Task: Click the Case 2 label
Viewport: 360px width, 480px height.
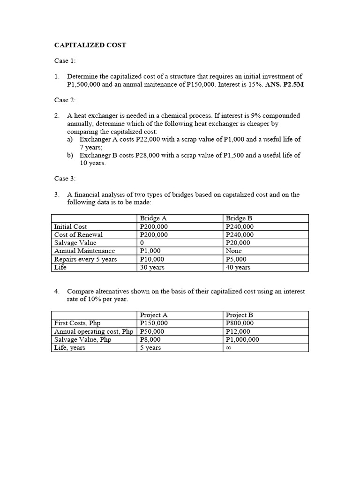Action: pyautogui.click(x=65, y=100)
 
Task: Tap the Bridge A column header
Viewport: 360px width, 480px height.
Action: pyautogui.click(x=153, y=218)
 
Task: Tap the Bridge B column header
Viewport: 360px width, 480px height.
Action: pyautogui.click(x=239, y=218)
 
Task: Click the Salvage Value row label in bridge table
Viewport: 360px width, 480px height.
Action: pyautogui.click(x=75, y=243)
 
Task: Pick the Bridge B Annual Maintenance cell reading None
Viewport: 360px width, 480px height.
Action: pyautogui.click(x=234, y=251)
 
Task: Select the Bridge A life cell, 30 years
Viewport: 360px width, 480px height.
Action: pyautogui.click(x=152, y=267)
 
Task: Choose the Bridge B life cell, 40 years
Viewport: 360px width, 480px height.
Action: pyautogui.click(x=238, y=267)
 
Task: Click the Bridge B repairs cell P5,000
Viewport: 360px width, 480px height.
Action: pyautogui.click(x=236, y=259)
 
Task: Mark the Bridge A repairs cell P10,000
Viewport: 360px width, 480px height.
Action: pyautogui.click(x=152, y=259)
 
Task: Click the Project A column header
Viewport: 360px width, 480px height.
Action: pyautogui.click(x=154, y=315)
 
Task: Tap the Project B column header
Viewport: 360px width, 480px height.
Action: pyautogui.click(x=240, y=315)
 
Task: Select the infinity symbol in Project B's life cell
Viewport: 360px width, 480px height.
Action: pyautogui.click(x=229, y=348)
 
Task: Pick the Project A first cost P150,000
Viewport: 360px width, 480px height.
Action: pyautogui.click(x=154, y=323)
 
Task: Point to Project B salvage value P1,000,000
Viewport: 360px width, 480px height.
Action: pyautogui.click(x=242, y=339)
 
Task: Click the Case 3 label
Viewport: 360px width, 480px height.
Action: pyautogui.click(x=65, y=178)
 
